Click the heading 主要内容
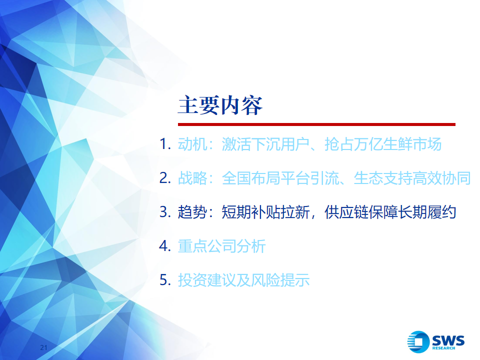pyautogui.click(x=220, y=105)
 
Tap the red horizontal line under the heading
pyautogui.click(x=316, y=124)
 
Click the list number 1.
pyautogui.click(x=165, y=144)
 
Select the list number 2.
pyautogui.click(x=165, y=178)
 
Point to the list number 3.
pyautogui.click(x=165, y=212)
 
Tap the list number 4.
pyautogui.click(x=165, y=246)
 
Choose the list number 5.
pyautogui.click(x=165, y=280)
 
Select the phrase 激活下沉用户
pyautogui.click(x=265, y=144)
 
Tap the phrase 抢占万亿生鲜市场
pyautogui.click(x=383, y=144)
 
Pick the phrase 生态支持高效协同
pyautogui.click(x=412, y=178)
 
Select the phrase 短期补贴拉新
pyautogui.click(x=265, y=212)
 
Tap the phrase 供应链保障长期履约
pyautogui.click(x=390, y=212)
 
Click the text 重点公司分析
pyautogui.click(x=221, y=246)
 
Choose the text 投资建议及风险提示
pyautogui.click(x=243, y=280)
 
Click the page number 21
pyautogui.click(x=44, y=347)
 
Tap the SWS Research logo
pyautogui.click(x=436, y=341)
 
